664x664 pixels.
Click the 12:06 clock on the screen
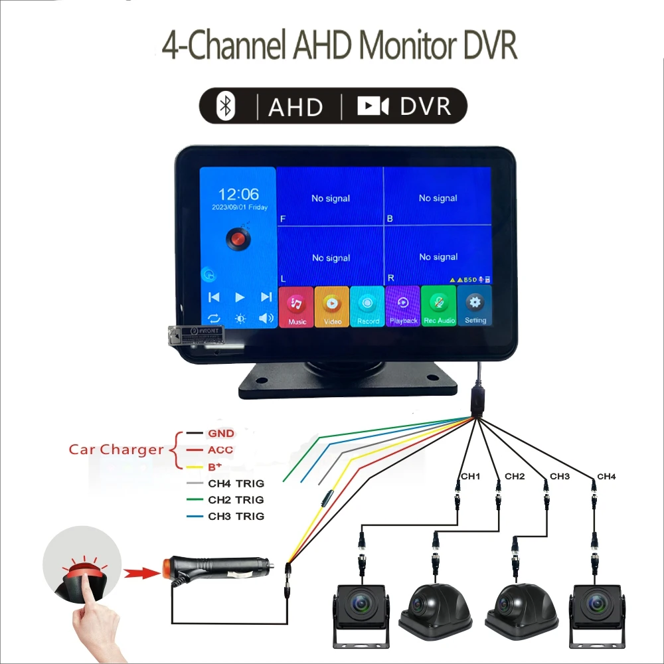pos(239,194)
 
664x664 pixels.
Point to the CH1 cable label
pos(470,476)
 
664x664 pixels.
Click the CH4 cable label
pos(606,476)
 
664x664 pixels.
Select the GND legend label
pos(221,434)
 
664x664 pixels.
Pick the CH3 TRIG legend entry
pos(236,516)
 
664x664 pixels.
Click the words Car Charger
pos(116,450)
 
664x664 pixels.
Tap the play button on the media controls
pos(240,297)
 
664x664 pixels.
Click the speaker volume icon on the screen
pos(266,318)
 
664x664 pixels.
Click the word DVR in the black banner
pos(426,107)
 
